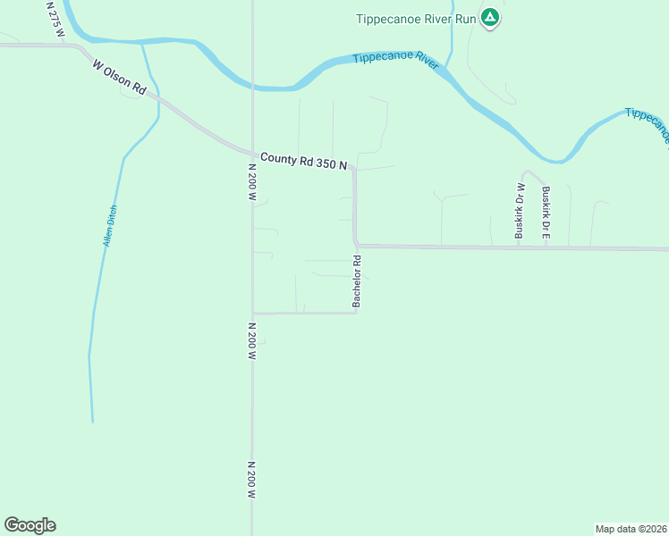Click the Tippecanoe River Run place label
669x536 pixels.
click(x=416, y=18)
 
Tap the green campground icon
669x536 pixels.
click(x=490, y=17)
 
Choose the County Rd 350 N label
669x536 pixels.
click(x=303, y=161)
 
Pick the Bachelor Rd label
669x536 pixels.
click(x=356, y=282)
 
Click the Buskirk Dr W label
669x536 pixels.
click(x=518, y=211)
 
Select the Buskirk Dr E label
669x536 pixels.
click(x=546, y=212)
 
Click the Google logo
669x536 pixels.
click(x=30, y=525)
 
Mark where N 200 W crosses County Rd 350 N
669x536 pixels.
click(x=252, y=150)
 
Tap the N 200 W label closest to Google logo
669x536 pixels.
click(x=252, y=480)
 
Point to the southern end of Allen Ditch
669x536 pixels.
click(x=92, y=420)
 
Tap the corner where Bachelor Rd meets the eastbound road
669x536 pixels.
click(x=357, y=245)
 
